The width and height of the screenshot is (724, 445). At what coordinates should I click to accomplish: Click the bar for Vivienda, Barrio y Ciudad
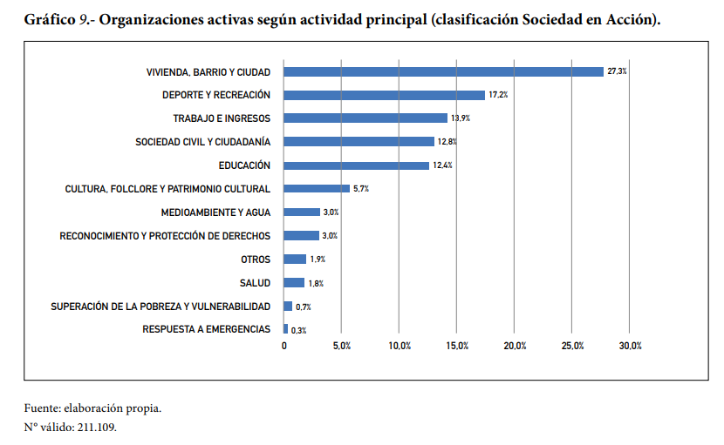click(x=443, y=71)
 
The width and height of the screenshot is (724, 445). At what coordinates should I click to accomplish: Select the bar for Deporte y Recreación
click(x=384, y=95)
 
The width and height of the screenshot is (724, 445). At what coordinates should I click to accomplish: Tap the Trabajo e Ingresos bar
click(x=365, y=118)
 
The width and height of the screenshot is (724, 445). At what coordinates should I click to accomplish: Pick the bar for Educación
click(x=357, y=165)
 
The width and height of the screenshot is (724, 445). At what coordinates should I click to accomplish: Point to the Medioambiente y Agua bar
click(x=302, y=212)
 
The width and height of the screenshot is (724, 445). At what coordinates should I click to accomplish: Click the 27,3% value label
click(x=617, y=71)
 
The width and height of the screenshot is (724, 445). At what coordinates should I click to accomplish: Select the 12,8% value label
click(x=447, y=142)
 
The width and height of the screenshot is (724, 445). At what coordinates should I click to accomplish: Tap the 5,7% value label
click(x=361, y=189)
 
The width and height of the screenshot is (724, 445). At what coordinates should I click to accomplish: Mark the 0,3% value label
click(x=298, y=330)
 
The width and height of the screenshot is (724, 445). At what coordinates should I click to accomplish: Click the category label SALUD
click(x=255, y=283)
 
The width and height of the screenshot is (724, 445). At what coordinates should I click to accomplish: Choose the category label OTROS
click(x=255, y=260)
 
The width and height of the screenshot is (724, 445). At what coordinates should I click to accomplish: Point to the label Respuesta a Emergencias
click(x=206, y=329)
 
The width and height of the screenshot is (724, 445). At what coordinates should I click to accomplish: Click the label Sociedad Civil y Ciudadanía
click(x=202, y=142)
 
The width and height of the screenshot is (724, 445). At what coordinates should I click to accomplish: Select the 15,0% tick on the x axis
click(x=457, y=347)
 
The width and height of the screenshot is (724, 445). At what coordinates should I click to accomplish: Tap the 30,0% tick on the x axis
click(x=630, y=347)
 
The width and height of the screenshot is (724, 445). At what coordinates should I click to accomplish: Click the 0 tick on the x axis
click(x=283, y=347)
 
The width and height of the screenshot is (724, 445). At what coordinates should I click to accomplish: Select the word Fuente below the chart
click(x=40, y=408)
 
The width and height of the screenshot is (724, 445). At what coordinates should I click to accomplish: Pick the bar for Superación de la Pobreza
click(x=288, y=307)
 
